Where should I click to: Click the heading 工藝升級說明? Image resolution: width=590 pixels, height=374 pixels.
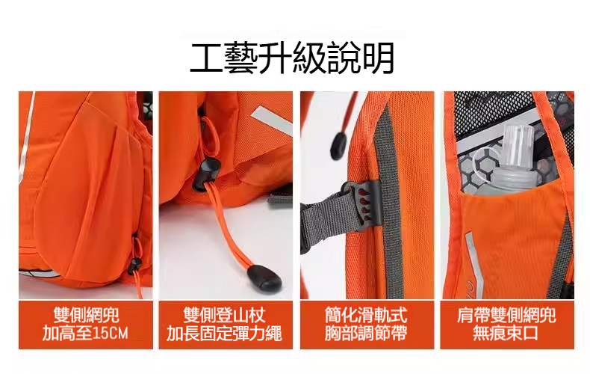tap(292, 59)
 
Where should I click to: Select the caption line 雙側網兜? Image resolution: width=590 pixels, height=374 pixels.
tap(85, 315)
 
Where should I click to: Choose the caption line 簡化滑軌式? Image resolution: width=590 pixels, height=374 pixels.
tap(366, 315)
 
